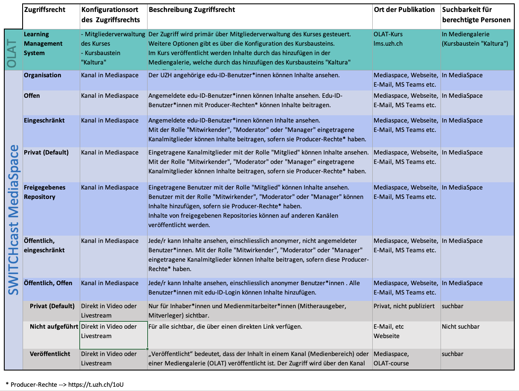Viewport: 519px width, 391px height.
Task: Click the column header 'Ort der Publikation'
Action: pyautogui.click(x=404, y=9)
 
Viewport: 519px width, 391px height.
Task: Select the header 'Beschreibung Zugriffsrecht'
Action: pyautogui.click(x=191, y=9)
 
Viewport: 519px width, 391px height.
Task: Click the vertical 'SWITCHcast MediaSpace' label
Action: pyautogui.click(x=14, y=220)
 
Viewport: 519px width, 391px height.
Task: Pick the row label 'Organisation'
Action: pyautogui.click(x=42, y=75)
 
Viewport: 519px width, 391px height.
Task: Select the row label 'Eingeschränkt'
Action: pyautogui.click(x=44, y=120)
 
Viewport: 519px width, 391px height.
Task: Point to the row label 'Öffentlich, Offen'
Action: pyautogui.click(x=48, y=283)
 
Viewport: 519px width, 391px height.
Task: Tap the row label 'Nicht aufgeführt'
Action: pyautogui.click(x=54, y=327)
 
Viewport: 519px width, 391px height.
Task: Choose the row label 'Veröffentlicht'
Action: pyautogui.click(x=50, y=354)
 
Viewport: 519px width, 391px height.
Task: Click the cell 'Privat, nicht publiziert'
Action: pyautogui.click(x=404, y=306)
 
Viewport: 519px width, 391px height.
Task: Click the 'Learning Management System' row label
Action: pyautogui.click(x=43, y=44)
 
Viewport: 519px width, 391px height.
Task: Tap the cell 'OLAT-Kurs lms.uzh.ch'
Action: pyautogui.click(x=388, y=39)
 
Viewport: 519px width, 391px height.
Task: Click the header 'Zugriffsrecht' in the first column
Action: pyautogui.click(x=45, y=9)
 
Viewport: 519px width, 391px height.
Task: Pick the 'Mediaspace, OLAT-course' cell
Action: pyautogui.click(x=391, y=359)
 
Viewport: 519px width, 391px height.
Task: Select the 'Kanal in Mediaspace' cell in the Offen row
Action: pyautogui.click(x=110, y=96)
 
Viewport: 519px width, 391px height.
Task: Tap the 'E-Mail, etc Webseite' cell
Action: pyautogui.click(x=389, y=331)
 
